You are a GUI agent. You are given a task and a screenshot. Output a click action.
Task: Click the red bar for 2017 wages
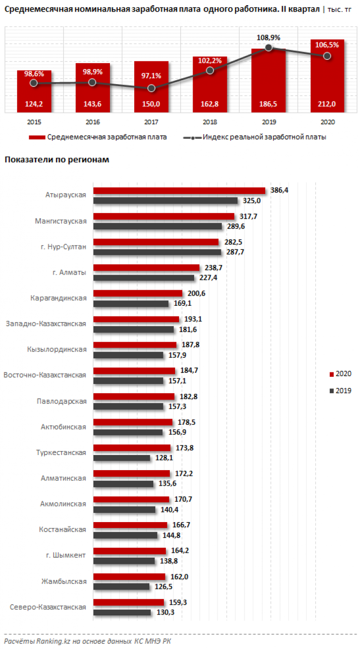pyautogui.click(x=151, y=78)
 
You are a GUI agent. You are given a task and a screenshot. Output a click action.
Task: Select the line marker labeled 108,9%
pyautogui.click(x=269, y=48)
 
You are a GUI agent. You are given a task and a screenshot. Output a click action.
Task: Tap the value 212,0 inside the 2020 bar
pyautogui.click(x=327, y=104)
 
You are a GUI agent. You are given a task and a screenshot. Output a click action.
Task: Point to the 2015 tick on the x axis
pyautogui.click(x=34, y=122)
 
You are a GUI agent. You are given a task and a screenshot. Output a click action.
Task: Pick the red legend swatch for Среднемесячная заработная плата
pyautogui.click(x=36, y=138)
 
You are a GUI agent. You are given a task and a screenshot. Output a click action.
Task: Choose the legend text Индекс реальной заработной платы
pyautogui.click(x=264, y=138)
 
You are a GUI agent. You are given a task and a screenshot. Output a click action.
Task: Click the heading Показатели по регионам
pyautogui.click(x=56, y=160)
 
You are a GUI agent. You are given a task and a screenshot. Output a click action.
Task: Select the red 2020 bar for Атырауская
pyautogui.click(x=179, y=191)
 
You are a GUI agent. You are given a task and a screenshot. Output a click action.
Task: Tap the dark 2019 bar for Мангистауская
pyautogui.click(x=158, y=226)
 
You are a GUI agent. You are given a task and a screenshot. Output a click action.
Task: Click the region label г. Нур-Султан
pyautogui.click(x=63, y=246)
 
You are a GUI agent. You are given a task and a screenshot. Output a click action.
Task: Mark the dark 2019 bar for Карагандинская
pyautogui.click(x=131, y=303)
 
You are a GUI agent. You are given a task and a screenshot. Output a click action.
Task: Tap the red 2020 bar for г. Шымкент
pyautogui.click(x=129, y=551)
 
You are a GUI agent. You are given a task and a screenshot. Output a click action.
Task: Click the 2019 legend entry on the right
pyautogui.click(x=341, y=390)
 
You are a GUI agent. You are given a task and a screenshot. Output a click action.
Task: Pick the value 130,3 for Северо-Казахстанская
pyautogui.click(x=163, y=613)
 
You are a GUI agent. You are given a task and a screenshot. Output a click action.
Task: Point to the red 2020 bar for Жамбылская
pyautogui.click(x=129, y=577)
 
